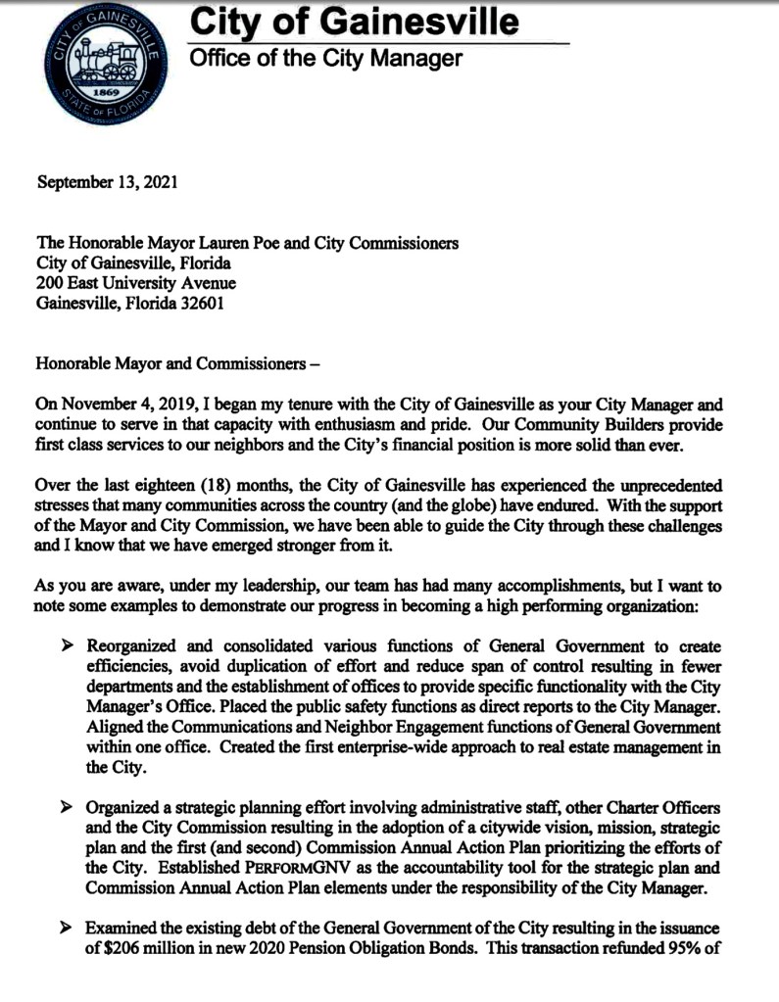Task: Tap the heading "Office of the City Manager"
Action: (x=324, y=59)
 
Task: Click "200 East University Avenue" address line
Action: (x=135, y=283)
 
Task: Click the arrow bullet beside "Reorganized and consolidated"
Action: (x=67, y=647)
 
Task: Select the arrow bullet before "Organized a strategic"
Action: (x=67, y=807)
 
